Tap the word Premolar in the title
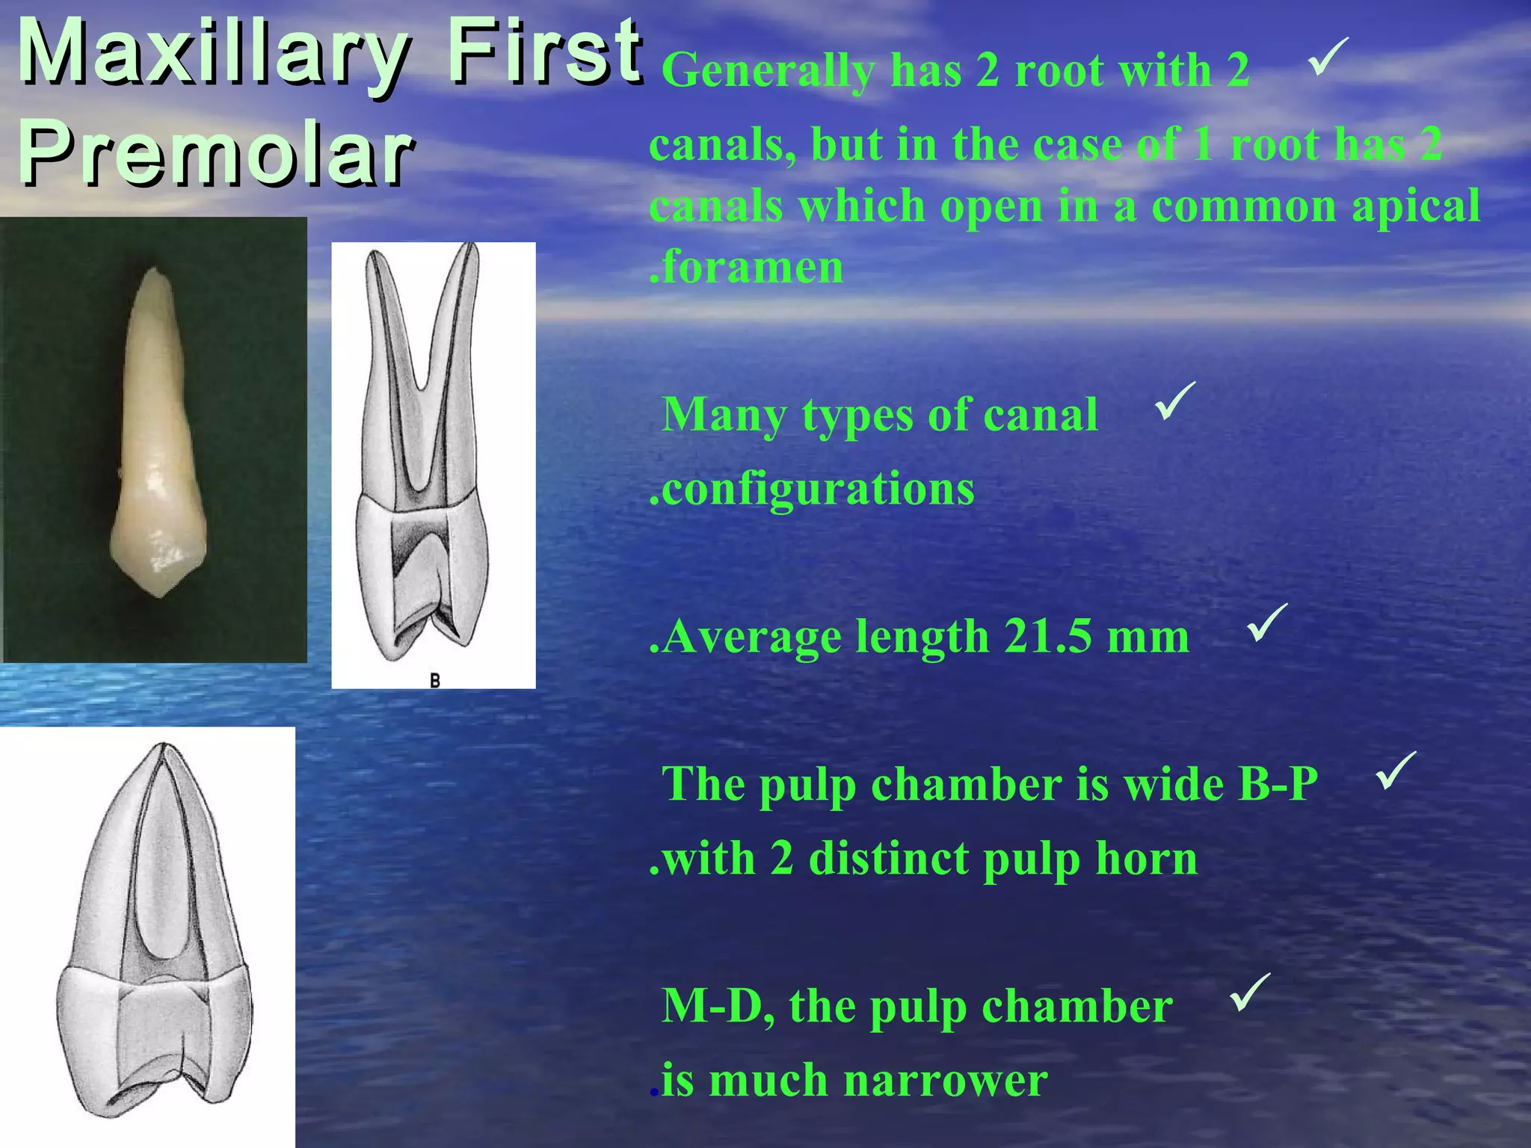pos(216,155)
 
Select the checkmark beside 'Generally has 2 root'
pos(1328,58)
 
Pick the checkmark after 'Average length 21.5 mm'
pos(1267,623)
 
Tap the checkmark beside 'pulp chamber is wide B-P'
pos(1395,771)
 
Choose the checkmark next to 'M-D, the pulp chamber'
pos(1249,993)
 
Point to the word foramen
pos(752,267)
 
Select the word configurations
pos(818,490)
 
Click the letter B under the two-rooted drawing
pos(434,680)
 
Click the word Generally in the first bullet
pos(768,71)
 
